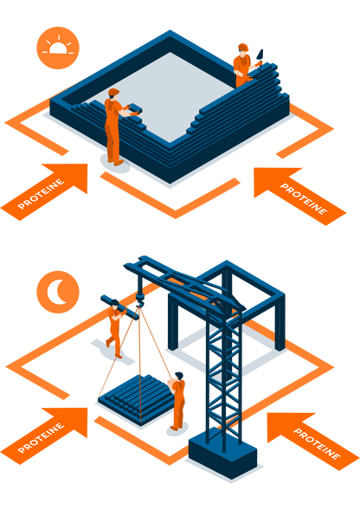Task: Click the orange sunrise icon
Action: [x=58, y=48]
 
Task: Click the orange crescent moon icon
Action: [x=58, y=292]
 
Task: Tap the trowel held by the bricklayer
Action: [x=260, y=55]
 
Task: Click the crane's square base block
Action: [x=223, y=454]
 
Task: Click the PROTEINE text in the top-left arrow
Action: [x=41, y=194]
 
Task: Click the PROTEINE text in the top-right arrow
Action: [x=304, y=199]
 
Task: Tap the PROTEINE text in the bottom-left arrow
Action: [x=41, y=438]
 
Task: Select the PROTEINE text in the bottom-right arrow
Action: [x=317, y=443]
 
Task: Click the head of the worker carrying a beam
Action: [x=114, y=305]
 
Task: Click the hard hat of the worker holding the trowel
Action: [x=243, y=47]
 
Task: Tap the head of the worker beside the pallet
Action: [x=178, y=377]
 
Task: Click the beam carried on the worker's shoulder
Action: [x=119, y=307]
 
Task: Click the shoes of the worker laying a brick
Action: [x=116, y=162]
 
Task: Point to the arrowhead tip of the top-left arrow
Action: [x=87, y=164]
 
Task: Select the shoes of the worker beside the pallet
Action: [x=177, y=428]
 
